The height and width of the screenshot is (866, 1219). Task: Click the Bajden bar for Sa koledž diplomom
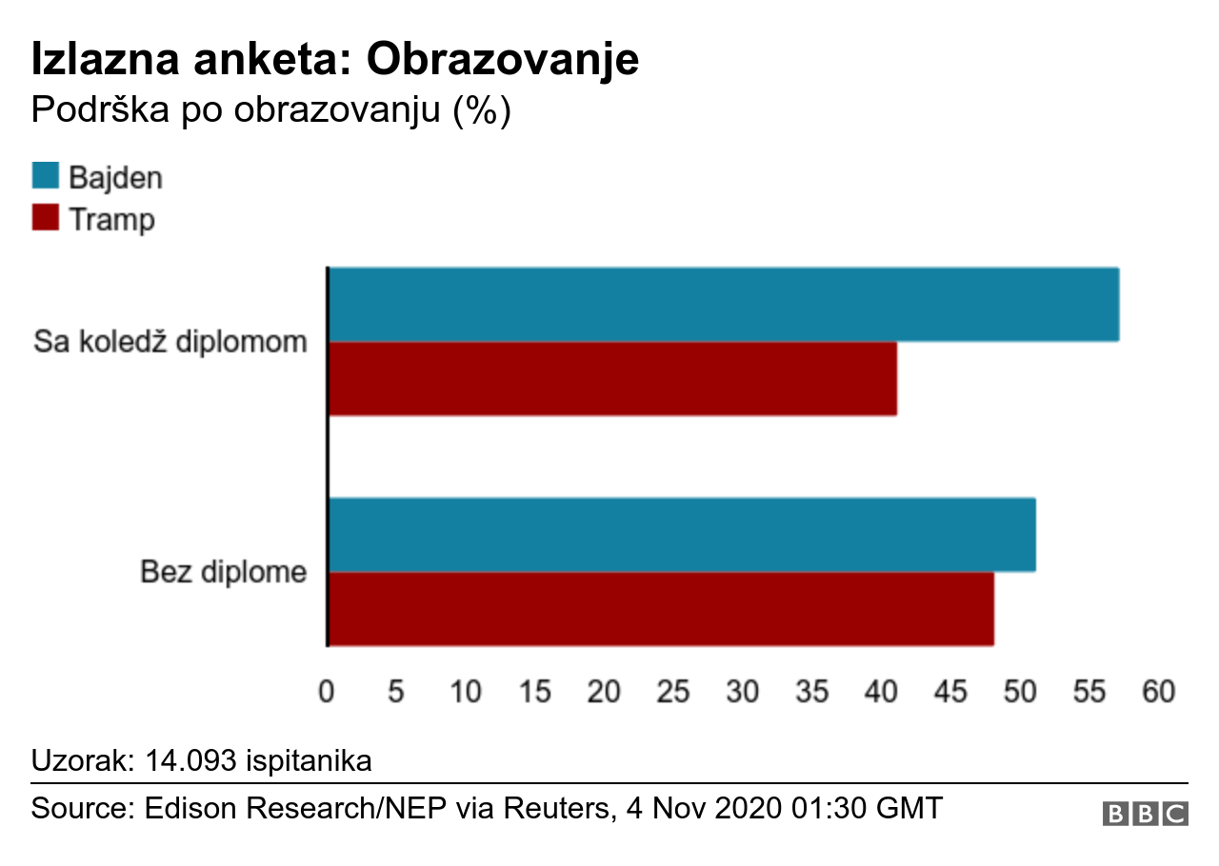[724, 305]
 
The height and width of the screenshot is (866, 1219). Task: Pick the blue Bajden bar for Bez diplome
[682, 535]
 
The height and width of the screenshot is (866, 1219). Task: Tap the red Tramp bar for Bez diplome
[661, 609]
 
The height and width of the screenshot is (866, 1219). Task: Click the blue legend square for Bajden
[46, 176]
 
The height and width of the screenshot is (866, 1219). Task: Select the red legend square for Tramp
[46, 218]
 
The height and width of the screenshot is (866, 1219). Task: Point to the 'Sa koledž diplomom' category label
[170, 341]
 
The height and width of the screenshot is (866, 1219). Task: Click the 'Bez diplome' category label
[224, 572]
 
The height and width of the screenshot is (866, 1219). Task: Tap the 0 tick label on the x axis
[327, 692]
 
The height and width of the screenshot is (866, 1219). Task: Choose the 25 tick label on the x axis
[673, 692]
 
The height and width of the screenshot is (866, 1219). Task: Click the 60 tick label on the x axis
[1159, 692]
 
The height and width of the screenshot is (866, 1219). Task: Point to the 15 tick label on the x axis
[535, 692]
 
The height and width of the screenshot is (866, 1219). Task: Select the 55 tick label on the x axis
[1089, 692]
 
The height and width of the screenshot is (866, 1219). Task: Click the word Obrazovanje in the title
[503, 59]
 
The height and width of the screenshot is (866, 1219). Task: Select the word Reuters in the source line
[552, 808]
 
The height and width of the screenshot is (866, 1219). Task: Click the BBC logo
[1146, 814]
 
